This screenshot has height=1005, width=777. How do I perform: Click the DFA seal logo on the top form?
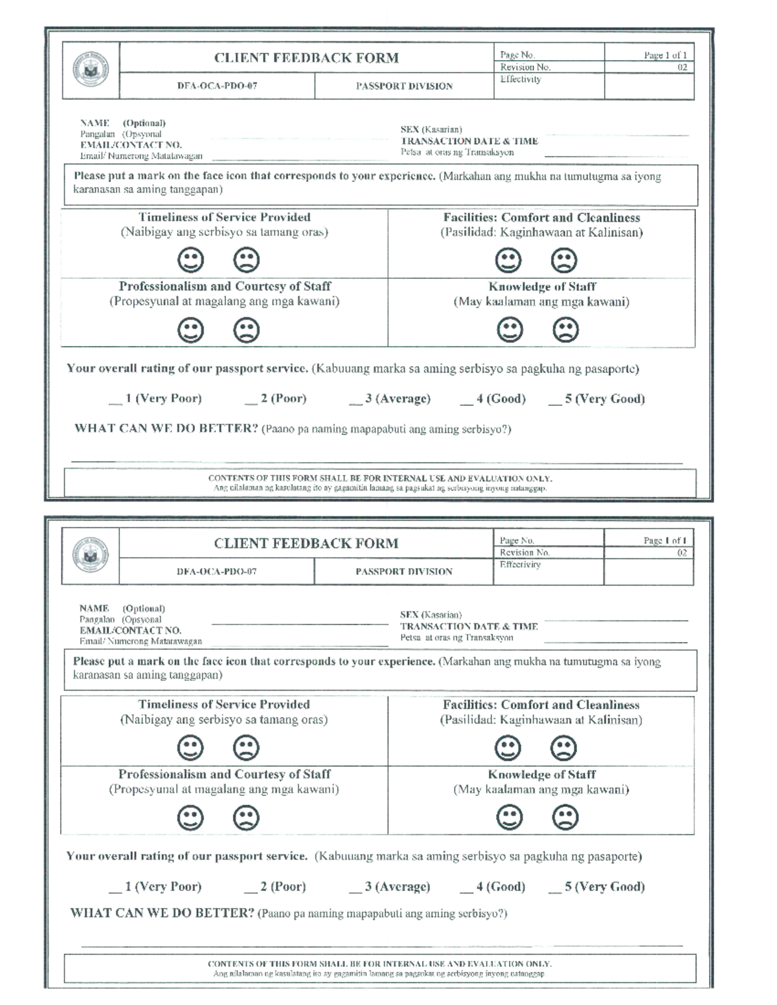91,70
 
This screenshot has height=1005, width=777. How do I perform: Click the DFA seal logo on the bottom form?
91,555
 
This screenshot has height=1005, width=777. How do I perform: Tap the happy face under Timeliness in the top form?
190,260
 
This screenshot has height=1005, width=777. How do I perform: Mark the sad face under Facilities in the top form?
563,260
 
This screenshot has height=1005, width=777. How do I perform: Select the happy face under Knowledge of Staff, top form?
510,329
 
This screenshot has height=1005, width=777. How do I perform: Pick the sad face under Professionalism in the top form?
246,329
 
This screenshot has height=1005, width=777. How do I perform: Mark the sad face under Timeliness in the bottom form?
246,748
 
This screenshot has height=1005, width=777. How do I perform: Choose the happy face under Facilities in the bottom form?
508,748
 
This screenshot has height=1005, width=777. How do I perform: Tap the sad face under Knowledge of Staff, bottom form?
565,817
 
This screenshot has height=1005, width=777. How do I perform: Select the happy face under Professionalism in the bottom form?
190,817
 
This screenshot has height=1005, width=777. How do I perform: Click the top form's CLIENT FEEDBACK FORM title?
306,58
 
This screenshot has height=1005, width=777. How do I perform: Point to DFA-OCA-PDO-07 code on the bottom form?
217,571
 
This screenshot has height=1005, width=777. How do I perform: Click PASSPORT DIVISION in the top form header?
404,86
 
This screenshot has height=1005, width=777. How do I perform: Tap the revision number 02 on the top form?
682,67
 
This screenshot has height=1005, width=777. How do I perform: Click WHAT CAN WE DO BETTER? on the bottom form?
163,913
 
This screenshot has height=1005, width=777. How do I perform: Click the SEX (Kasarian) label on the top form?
431,129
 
